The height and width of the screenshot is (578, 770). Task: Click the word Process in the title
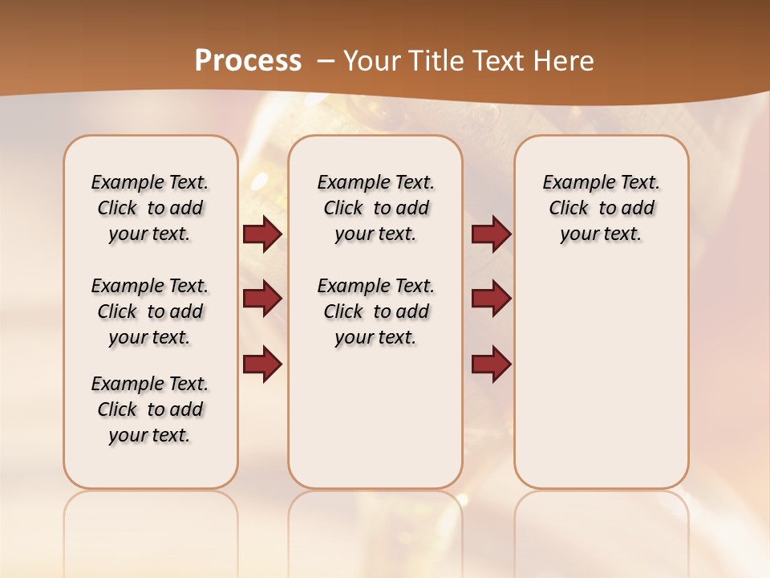point(248,60)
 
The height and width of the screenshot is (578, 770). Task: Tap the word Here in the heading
point(566,60)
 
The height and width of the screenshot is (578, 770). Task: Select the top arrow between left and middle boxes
point(262,234)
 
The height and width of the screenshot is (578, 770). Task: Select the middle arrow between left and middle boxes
point(262,299)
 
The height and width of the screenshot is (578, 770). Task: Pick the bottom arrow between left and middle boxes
point(262,364)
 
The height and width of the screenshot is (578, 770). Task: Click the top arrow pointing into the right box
point(491,234)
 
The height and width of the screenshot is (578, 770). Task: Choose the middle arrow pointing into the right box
point(491,299)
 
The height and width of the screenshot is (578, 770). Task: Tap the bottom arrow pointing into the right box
point(491,364)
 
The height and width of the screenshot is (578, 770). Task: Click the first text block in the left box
point(150,208)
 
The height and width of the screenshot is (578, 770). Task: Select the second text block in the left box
point(150,311)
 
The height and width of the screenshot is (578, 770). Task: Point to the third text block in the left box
point(150,409)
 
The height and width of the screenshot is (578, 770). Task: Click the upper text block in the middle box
point(375,208)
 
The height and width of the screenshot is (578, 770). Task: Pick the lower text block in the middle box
point(375,311)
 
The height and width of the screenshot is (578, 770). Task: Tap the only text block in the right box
point(601,208)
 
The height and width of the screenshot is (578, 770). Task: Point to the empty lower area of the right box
point(601,377)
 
